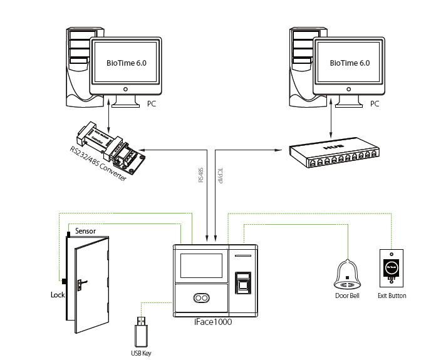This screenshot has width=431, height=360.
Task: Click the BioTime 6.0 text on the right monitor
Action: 349,63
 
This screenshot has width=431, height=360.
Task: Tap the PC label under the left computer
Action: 151,103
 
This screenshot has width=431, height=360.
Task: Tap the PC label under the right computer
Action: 375,103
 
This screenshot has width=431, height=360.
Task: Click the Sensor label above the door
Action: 85,231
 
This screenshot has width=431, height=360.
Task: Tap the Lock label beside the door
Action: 58,294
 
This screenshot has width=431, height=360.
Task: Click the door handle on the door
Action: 81,285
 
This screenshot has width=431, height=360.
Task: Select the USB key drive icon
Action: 142,332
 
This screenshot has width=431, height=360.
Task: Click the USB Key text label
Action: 141,353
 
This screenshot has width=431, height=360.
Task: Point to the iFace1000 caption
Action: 213,321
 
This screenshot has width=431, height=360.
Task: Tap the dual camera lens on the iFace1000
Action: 200,299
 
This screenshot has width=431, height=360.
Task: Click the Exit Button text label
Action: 392,296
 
